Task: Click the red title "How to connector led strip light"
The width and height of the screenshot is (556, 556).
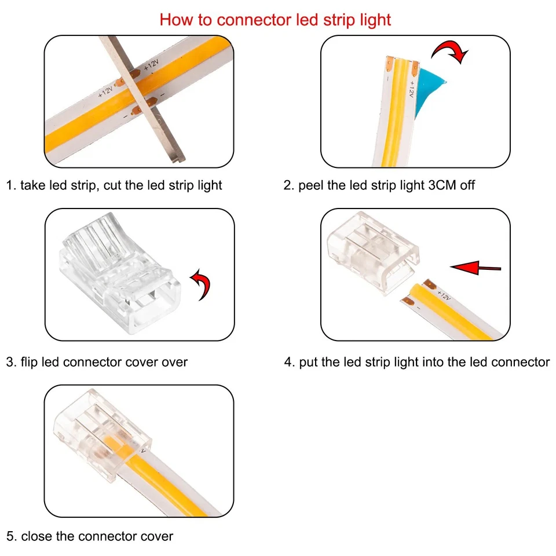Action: coord(275,20)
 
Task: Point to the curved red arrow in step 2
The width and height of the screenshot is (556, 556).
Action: coord(451,52)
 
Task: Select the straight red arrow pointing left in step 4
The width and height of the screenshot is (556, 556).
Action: coord(475,267)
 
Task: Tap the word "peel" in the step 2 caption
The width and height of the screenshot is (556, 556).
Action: coord(310,185)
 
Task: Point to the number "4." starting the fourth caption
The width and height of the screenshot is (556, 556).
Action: coord(289,362)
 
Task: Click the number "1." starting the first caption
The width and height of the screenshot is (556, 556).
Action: coord(10,185)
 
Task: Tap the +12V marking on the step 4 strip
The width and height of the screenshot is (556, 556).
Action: coord(443,294)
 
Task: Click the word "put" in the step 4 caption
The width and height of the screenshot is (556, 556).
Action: coord(308,362)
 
